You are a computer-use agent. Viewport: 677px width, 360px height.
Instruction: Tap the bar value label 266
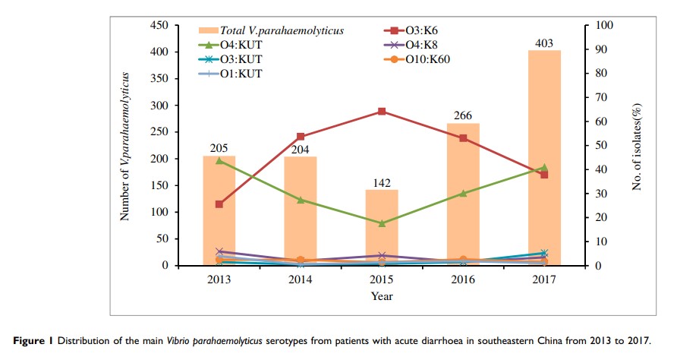[x=463, y=115]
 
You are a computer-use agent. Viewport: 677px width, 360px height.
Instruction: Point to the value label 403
[x=544, y=43]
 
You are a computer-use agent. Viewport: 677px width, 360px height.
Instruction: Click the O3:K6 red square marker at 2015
[x=382, y=112]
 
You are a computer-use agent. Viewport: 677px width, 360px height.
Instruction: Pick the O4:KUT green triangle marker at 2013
[x=219, y=160]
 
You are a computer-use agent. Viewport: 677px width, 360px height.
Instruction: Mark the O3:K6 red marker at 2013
[x=219, y=204]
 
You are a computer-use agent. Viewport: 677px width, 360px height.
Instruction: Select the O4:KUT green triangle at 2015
[x=382, y=223]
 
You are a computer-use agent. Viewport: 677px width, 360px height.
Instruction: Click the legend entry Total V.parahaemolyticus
[x=282, y=30]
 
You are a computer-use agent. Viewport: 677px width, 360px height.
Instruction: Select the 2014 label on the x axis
[x=301, y=279]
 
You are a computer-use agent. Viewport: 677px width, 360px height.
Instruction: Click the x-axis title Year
[x=382, y=296]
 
